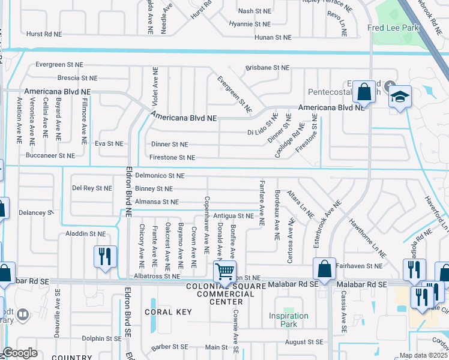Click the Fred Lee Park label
tap(393, 28)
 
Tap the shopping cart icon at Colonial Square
tap(225, 271)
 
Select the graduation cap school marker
tap(400, 97)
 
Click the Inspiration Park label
tap(288, 320)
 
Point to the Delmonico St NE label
tap(160, 176)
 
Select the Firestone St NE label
tap(173, 157)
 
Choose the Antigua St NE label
tap(234, 215)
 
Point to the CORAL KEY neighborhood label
tap(167, 312)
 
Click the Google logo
tap(20, 353)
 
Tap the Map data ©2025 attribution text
tap(423, 355)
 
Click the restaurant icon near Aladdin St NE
tap(105, 256)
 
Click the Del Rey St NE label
tap(92, 188)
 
